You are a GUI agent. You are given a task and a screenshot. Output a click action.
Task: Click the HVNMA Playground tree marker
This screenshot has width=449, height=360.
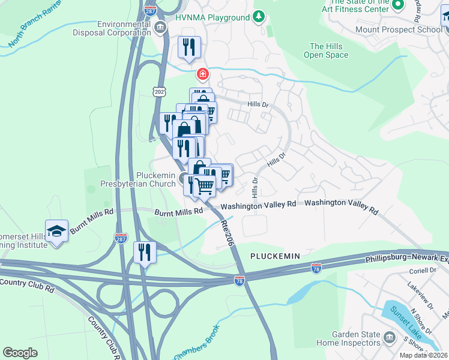[x=259, y=17]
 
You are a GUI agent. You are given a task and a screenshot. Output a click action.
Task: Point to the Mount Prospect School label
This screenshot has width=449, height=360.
[x=406, y=29]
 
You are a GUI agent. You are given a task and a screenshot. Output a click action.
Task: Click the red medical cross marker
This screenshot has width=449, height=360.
[x=203, y=74]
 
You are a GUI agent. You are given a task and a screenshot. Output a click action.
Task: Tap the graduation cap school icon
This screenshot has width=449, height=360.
[x=56, y=231]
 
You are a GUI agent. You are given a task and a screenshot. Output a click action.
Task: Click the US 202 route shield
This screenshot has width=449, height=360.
[x=158, y=91]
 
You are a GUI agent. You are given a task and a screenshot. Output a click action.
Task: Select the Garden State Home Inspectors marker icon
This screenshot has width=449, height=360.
[x=390, y=338]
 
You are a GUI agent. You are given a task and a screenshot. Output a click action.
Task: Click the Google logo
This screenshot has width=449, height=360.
[x=20, y=352]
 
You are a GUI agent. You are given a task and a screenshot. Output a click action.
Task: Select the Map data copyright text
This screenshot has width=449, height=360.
[x=424, y=355]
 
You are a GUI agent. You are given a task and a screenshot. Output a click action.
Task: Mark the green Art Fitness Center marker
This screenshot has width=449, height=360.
[x=397, y=5]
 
